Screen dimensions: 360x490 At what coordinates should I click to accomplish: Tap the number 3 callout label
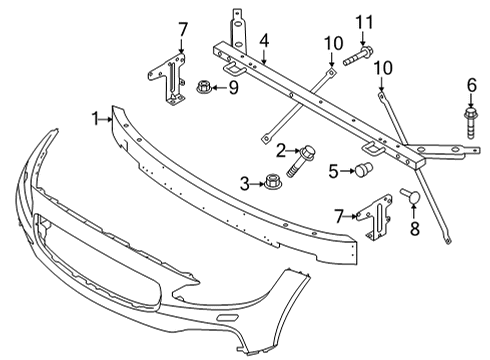click(x=243, y=182)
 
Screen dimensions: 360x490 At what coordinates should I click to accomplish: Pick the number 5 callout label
click(x=333, y=170)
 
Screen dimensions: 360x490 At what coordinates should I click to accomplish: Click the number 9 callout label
click(x=234, y=88)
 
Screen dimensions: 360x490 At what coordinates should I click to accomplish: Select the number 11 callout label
click(x=366, y=22)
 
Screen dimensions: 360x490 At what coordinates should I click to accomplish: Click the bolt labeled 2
click(x=298, y=161)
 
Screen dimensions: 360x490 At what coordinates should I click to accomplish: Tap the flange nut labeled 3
click(x=269, y=183)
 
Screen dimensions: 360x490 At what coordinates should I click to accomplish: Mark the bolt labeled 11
click(x=361, y=57)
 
